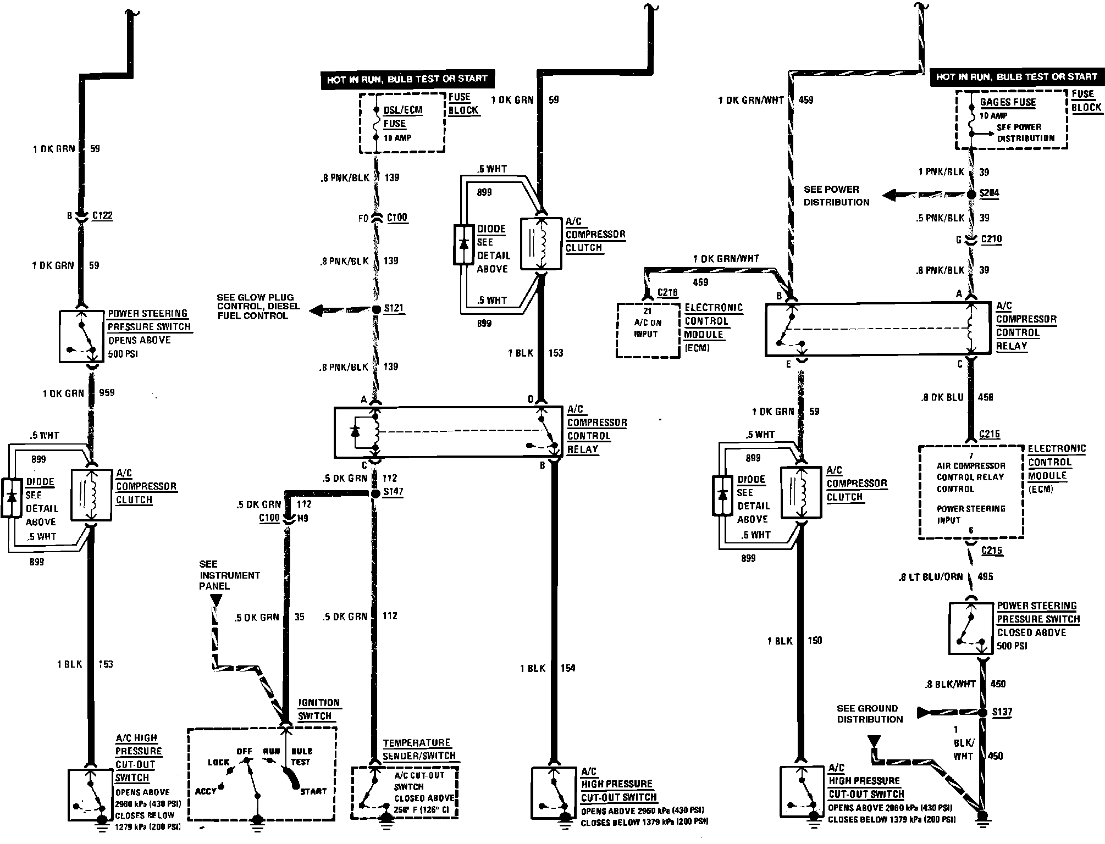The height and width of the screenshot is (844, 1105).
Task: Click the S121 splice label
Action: pyautogui.click(x=394, y=308)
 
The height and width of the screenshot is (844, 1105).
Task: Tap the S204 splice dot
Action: pyautogui.click(x=971, y=194)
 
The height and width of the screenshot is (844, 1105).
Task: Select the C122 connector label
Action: pyautogui.click(x=102, y=215)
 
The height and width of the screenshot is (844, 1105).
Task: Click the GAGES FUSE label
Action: pyautogui.click(x=1008, y=102)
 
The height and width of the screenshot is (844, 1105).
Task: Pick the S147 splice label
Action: pyautogui.click(x=393, y=491)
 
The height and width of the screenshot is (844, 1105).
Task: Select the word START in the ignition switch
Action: pyautogui.click(x=313, y=791)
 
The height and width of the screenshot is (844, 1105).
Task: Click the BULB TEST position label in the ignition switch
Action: pyautogui.click(x=301, y=756)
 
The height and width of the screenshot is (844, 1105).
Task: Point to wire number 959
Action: pyautogui.click(x=107, y=393)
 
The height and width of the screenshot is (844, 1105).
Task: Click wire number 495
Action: pyautogui.click(x=985, y=576)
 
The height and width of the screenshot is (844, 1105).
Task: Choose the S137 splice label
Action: pyautogui.click(x=1002, y=712)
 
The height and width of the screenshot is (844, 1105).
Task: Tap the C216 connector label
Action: pyautogui.click(x=667, y=293)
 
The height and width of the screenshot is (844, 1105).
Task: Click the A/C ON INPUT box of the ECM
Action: pyautogui.click(x=648, y=330)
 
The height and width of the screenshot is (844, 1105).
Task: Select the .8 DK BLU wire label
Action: pyautogui.click(x=942, y=397)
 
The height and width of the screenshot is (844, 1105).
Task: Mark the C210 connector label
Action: pyautogui.click(x=991, y=240)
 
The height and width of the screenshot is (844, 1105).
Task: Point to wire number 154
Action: pyautogui.click(x=568, y=668)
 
